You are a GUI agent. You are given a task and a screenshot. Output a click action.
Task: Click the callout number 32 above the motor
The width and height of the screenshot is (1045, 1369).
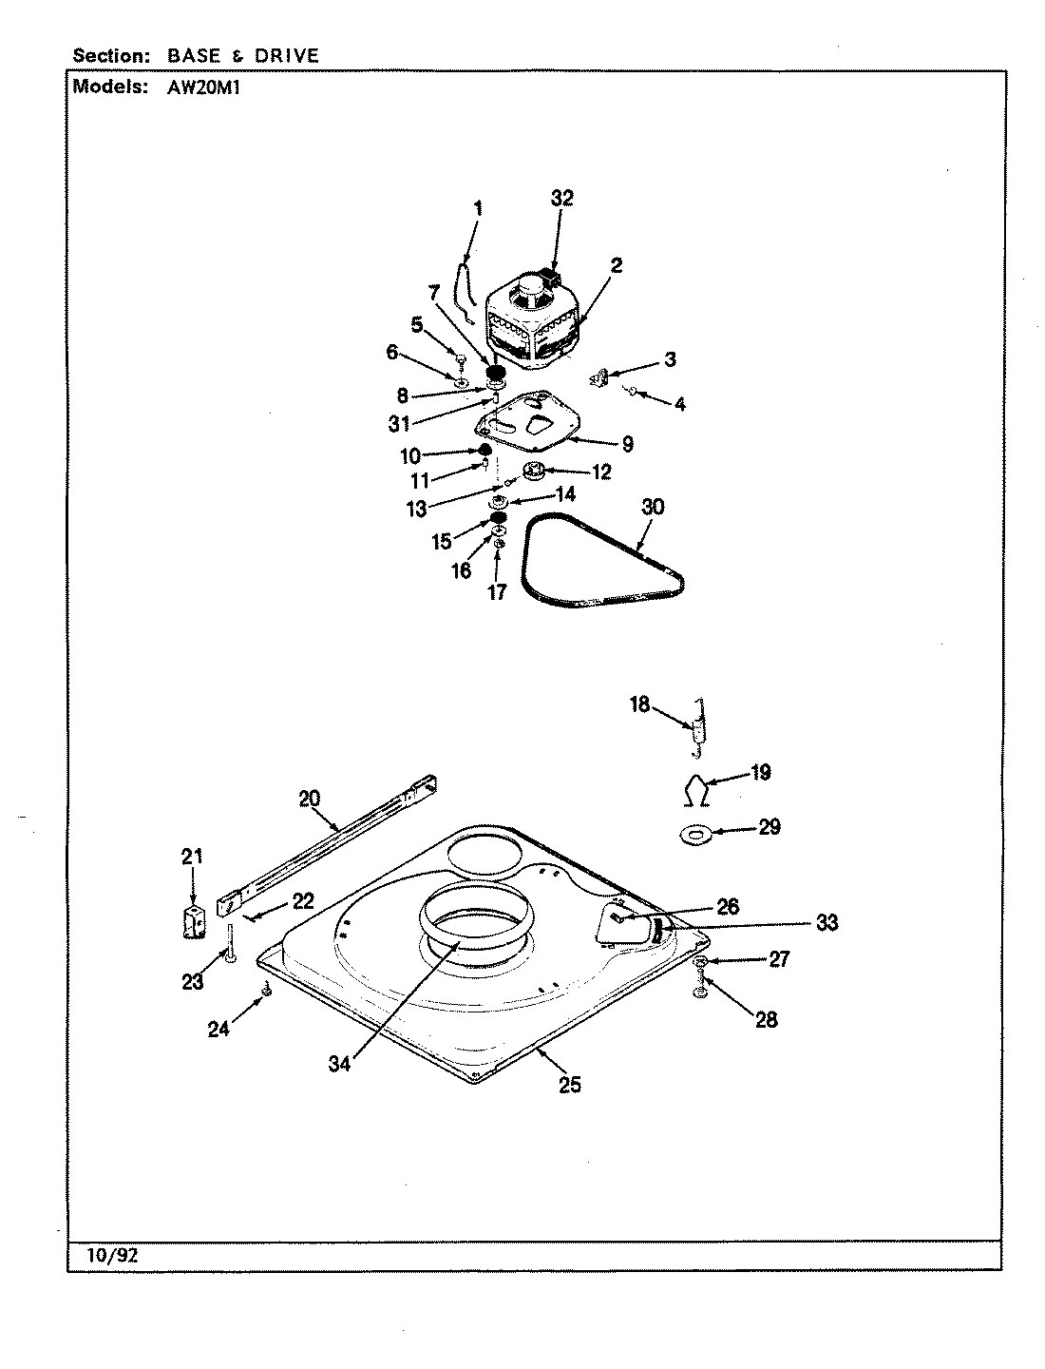[562, 198]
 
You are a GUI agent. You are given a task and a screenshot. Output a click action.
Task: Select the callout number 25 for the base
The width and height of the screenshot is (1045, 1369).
[569, 1084]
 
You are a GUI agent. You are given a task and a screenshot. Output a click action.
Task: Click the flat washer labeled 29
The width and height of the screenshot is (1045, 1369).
[696, 834]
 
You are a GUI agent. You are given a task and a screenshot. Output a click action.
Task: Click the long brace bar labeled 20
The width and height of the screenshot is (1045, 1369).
[328, 837]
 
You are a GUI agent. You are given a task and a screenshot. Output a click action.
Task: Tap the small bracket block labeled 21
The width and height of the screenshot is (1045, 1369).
[194, 921]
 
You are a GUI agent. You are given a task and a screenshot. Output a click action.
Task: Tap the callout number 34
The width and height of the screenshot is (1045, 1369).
[339, 1064]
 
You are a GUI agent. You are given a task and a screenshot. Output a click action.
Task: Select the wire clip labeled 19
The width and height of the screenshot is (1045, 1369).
[695, 788]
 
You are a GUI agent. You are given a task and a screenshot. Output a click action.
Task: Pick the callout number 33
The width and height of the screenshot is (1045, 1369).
[826, 922]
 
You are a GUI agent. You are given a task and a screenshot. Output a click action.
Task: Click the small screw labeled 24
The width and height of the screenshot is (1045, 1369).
[266, 992]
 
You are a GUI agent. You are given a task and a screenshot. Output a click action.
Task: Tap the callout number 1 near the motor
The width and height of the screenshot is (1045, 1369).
[478, 208]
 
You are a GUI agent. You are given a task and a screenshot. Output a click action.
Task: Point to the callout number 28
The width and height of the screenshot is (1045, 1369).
[766, 1019]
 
